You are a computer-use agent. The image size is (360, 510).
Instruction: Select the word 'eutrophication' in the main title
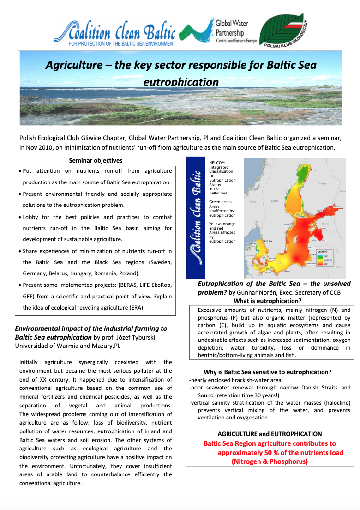pyautogui.click(x=181, y=82)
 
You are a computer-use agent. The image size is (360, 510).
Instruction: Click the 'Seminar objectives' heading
pyautogui.click(x=96, y=160)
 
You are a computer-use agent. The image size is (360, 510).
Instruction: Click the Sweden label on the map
pyautogui.click(x=275, y=201)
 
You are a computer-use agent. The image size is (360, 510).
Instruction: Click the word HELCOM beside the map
pyautogui.click(x=217, y=163)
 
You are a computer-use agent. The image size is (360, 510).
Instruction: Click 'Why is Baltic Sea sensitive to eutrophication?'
pyautogui.click(x=267, y=372)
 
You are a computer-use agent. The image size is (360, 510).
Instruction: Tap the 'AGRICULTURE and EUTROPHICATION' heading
pyautogui.click(x=270, y=434)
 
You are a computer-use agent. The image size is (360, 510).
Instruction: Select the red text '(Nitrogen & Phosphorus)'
pyautogui.click(x=270, y=461)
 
